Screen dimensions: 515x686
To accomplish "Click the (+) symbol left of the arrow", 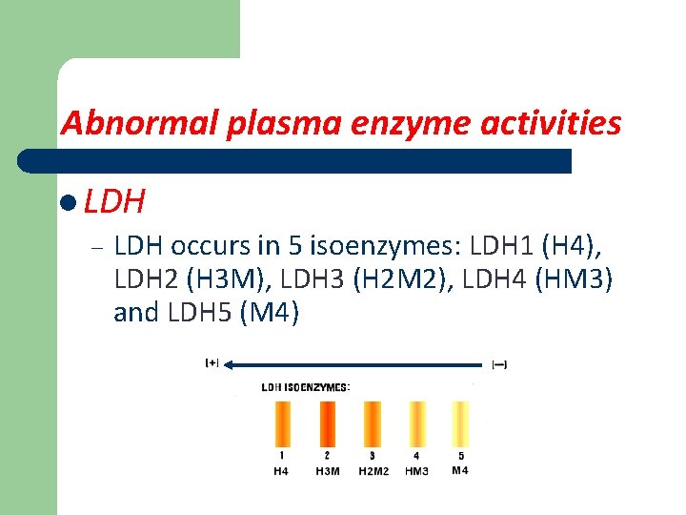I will pyautogui.click(x=212, y=362).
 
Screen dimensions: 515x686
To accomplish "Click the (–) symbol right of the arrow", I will pyautogui.click(x=498, y=363).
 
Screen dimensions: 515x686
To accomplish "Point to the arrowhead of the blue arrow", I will pyautogui.click(x=231, y=362).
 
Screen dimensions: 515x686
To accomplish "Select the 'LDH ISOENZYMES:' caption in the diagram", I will pyautogui.click(x=305, y=387).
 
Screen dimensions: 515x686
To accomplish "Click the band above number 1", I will pyautogui.click(x=282, y=423).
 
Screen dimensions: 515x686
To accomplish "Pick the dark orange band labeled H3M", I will pyautogui.click(x=327, y=423).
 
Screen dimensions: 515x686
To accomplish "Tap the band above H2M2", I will pyautogui.click(x=372, y=423).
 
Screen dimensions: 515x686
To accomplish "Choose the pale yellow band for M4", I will pyautogui.click(x=460, y=423).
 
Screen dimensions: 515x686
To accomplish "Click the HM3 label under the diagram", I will pyautogui.click(x=416, y=470).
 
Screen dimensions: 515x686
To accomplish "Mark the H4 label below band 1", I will pyautogui.click(x=282, y=470).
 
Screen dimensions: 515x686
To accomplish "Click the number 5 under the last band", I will pyautogui.click(x=461, y=456).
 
